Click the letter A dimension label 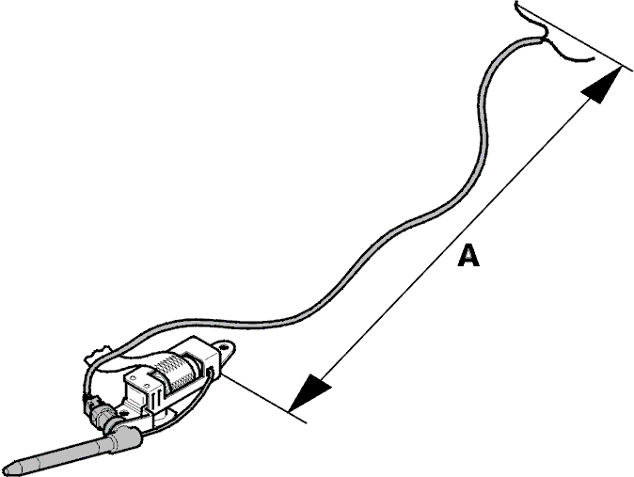(x=468, y=255)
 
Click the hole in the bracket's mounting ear (x=224, y=347)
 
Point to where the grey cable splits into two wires (x=541, y=39)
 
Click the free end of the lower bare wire (x=593, y=58)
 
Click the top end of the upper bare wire (x=516, y=4)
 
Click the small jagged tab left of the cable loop (x=97, y=353)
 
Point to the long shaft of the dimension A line (x=455, y=239)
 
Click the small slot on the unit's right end (x=210, y=371)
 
